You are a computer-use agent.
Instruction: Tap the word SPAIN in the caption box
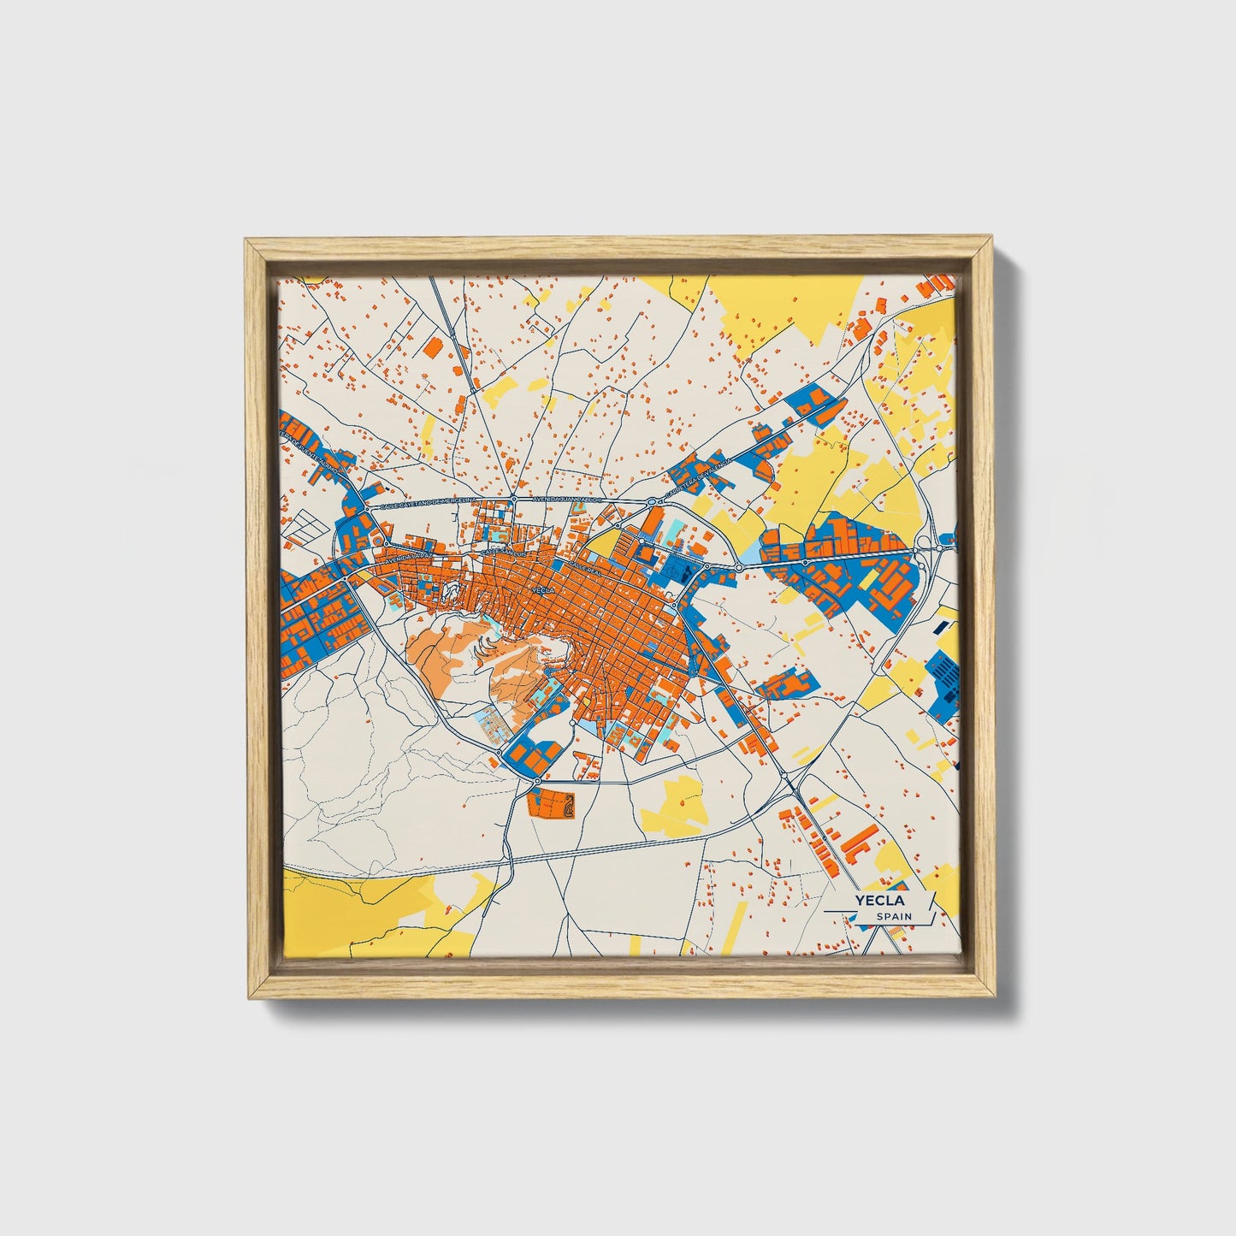click(x=894, y=916)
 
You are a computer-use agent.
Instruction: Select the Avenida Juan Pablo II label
click(x=568, y=498)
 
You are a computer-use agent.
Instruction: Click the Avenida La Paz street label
click(x=411, y=558)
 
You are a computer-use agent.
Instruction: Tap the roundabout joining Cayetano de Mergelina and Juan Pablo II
click(x=514, y=500)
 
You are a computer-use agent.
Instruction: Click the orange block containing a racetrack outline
click(x=552, y=804)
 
